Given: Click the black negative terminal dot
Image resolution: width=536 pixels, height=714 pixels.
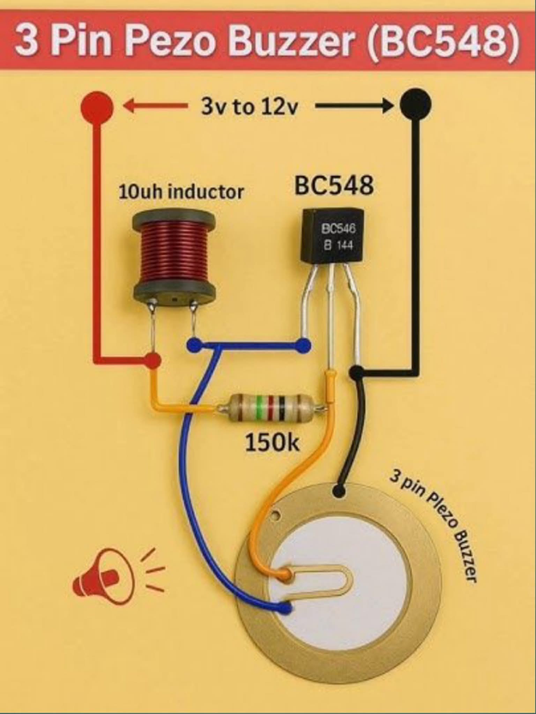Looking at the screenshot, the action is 415,104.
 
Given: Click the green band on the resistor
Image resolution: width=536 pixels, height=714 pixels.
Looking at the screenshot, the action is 259,407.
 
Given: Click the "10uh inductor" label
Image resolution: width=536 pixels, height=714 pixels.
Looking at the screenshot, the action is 181,192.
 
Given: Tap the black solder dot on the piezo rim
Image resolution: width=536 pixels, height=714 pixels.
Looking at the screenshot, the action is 339,491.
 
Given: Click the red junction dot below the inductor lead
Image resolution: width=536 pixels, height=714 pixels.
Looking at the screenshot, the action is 152,360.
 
